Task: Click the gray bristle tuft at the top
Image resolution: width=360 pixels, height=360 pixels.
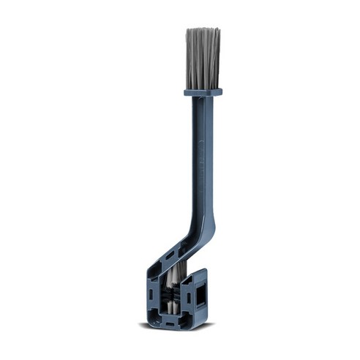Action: pyautogui.click(x=203, y=57)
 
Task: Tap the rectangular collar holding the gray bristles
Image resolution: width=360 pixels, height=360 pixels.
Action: pyautogui.click(x=203, y=92)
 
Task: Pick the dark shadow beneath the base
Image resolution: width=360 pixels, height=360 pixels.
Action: pyautogui.click(x=176, y=326)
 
